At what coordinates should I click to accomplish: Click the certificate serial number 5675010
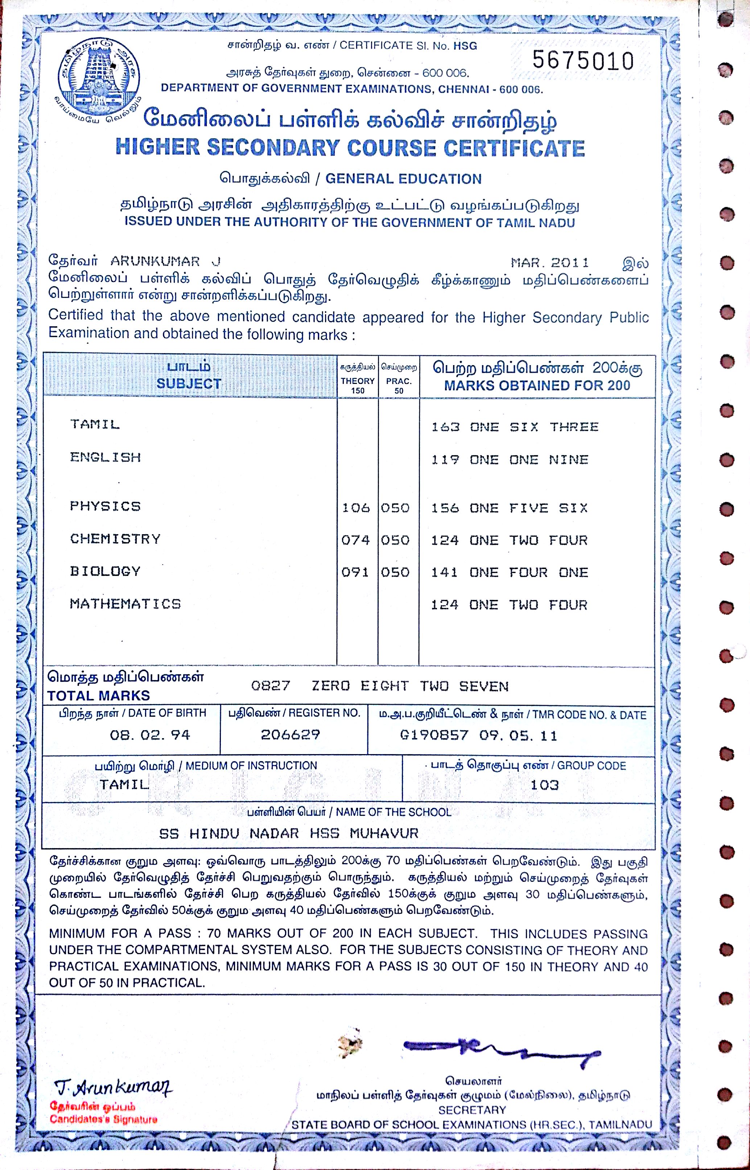pyautogui.click(x=582, y=61)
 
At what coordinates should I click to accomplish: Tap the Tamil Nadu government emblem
pyautogui.click(x=99, y=78)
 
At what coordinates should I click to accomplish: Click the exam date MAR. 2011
pyautogui.click(x=549, y=263)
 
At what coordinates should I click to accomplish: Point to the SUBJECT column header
pyautogui.click(x=189, y=384)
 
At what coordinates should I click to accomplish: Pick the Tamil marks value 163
pyautogui.click(x=445, y=427)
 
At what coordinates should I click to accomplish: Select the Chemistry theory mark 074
pyautogui.click(x=355, y=540)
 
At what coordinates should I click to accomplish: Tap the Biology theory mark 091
pyautogui.click(x=355, y=572)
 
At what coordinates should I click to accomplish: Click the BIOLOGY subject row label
pyautogui.click(x=105, y=571)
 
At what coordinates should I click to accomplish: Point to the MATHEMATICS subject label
pyautogui.click(x=125, y=604)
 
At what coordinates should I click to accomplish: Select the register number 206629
pyautogui.click(x=290, y=735)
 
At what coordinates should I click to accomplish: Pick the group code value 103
pyautogui.click(x=544, y=785)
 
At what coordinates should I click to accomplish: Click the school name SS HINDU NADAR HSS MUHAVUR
pyautogui.click(x=289, y=833)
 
